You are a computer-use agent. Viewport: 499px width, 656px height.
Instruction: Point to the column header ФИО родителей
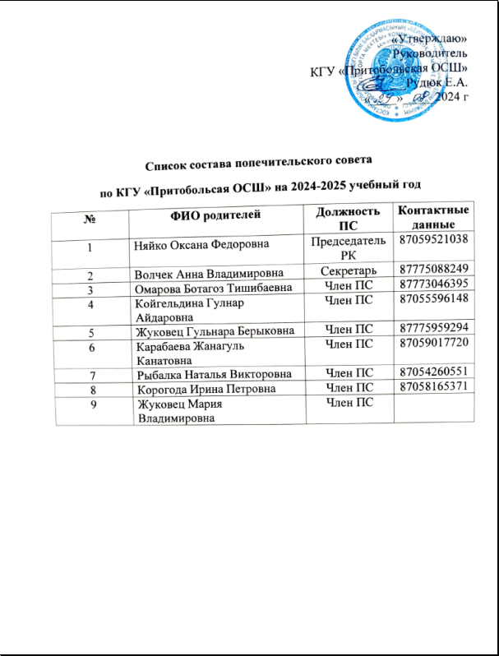pyautogui.click(x=215, y=216)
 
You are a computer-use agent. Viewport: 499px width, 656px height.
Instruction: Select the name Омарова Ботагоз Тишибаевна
pyautogui.click(x=214, y=287)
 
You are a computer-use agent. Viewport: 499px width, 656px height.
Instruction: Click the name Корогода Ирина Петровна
pyautogui.click(x=205, y=390)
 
